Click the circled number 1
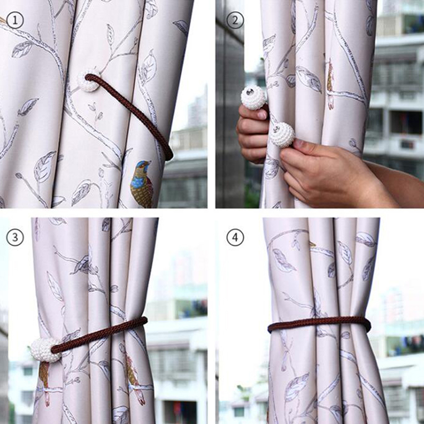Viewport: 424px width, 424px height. tap(15, 21)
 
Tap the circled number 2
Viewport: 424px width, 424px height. tap(235, 21)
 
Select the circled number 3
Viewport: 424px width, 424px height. tap(15, 237)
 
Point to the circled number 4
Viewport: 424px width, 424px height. tap(235, 237)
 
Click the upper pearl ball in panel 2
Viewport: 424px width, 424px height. tap(253, 98)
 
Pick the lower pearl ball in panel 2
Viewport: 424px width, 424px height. tap(282, 135)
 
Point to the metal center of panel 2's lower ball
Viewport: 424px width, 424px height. tap(278, 129)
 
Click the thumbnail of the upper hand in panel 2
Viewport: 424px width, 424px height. tap(262, 114)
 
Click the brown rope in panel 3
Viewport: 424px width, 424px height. tap(100, 335)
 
